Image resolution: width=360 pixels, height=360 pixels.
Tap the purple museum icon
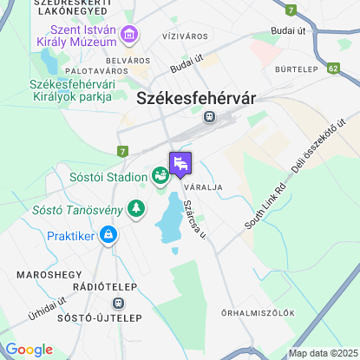tap(130, 36)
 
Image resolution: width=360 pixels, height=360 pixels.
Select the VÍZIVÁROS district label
tap(185, 39)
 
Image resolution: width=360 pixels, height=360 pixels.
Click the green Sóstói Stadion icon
tap(160, 176)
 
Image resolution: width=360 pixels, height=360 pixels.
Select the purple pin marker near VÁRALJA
tap(180, 162)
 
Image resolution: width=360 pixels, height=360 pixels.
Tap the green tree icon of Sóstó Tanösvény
tap(135, 208)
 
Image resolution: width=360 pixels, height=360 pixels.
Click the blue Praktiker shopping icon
tap(108, 234)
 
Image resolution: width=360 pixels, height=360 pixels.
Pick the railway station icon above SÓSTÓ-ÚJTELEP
tap(118, 304)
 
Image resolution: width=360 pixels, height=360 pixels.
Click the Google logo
tap(29, 349)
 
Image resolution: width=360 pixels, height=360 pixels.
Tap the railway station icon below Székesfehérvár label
tap(208, 115)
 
